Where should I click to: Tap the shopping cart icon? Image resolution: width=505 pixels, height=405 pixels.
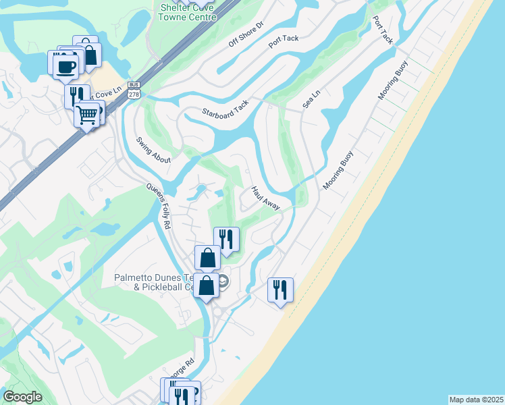click(x=86, y=115)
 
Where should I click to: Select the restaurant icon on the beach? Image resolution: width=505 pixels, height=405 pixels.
click(x=280, y=290)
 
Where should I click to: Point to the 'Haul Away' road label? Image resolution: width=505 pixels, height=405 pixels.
click(x=265, y=198)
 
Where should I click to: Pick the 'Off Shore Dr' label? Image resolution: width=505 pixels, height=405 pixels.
click(x=245, y=32)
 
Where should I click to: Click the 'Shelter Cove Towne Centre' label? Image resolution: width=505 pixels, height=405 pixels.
click(x=188, y=12)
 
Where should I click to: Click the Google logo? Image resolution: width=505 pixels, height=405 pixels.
click(x=22, y=396)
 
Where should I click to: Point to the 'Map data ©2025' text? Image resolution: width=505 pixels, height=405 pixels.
click(x=476, y=399)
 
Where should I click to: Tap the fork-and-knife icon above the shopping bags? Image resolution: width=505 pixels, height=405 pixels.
click(x=226, y=240)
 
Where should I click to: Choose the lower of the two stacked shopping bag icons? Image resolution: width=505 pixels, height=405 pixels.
click(x=207, y=285)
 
